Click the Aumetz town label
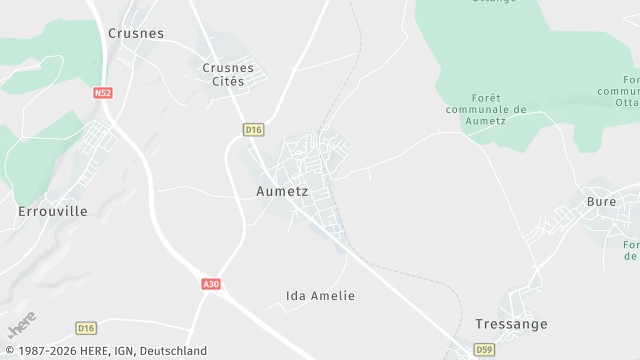tap(282, 190)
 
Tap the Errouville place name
tap(53, 212)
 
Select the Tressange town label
tap(512, 324)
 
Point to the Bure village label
tap(601, 201)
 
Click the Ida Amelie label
tap(320, 296)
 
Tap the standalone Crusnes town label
tap(135, 33)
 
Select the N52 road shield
tap(102, 93)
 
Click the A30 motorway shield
tap(210, 285)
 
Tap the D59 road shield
tap(484, 349)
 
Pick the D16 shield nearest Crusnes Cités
tap(253, 129)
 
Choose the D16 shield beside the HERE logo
tap(86, 328)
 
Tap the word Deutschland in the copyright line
tap(173, 351)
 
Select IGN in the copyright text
tap(123, 351)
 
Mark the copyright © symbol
tap(8, 351)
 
